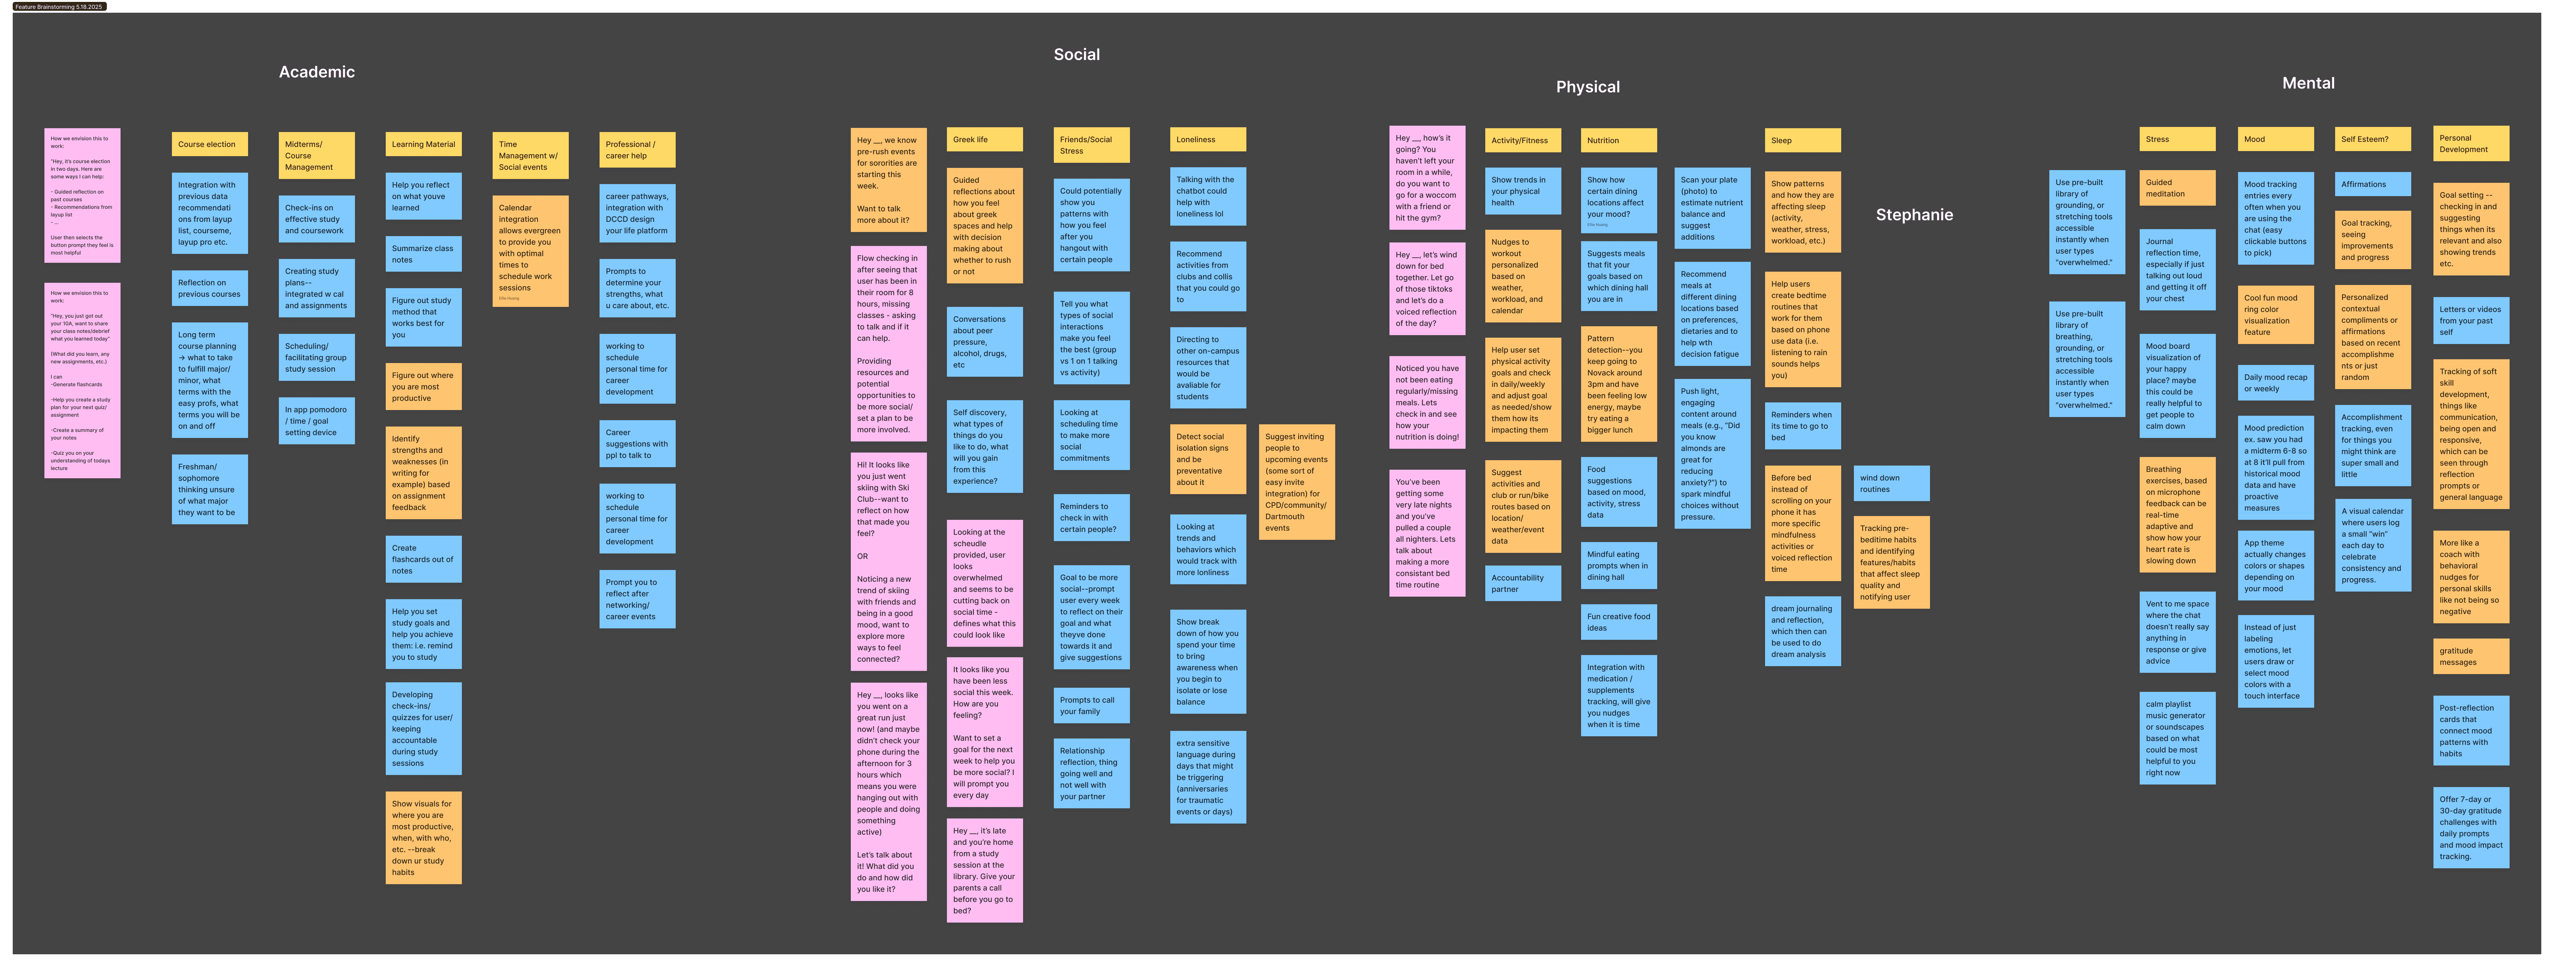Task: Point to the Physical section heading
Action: (1587, 87)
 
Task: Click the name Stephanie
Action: (1914, 215)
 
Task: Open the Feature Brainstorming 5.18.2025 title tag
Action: (58, 7)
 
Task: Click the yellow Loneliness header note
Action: (1208, 140)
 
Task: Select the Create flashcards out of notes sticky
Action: (423, 560)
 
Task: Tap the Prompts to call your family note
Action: (1091, 705)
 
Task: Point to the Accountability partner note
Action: (1522, 583)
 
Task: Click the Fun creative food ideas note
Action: (1618, 622)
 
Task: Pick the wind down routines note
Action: (1891, 483)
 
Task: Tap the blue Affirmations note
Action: (2373, 184)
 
